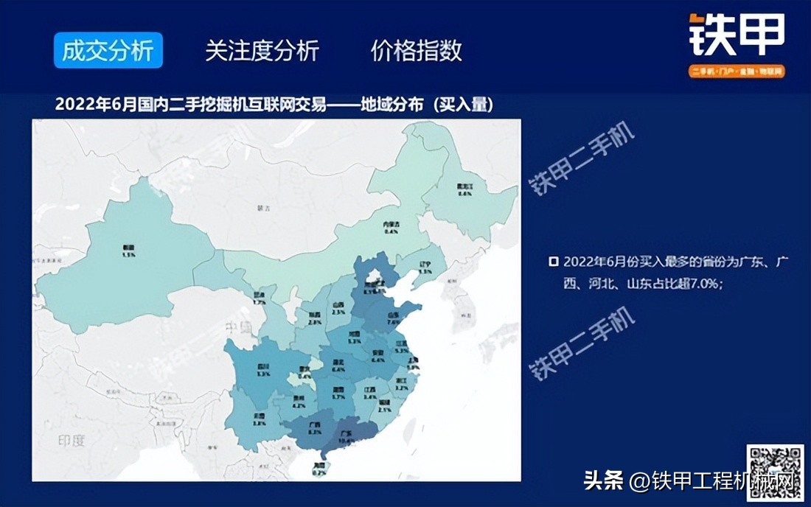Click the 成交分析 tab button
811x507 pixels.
[x=108, y=51]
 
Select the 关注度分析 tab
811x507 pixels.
[x=262, y=51]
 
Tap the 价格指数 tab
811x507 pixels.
[x=417, y=51]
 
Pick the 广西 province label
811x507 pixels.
[x=313, y=428]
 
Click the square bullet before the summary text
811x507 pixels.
[x=554, y=262]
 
